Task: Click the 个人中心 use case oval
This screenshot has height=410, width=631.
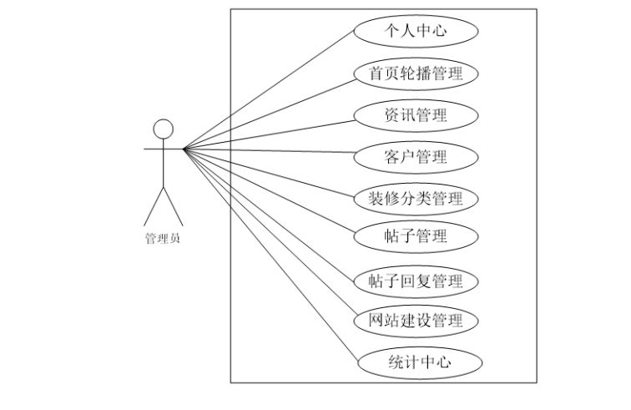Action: click(x=416, y=32)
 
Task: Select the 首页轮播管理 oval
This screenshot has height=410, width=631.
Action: click(x=416, y=73)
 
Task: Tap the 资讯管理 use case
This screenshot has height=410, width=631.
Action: click(x=416, y=115)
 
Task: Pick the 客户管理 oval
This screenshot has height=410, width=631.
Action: click(x=416, y=157)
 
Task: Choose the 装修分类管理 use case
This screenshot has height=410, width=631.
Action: click(x=416, y=199)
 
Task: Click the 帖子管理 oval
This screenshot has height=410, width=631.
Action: click(x=416, y=236)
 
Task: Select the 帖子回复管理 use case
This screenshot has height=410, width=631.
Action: click(x=416, y=281)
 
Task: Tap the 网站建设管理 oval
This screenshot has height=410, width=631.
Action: click(x=416, y=321)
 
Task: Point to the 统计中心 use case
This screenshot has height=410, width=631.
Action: click(x=420, y=362)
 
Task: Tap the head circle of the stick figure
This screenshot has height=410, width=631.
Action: click(x=164, y=129)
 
